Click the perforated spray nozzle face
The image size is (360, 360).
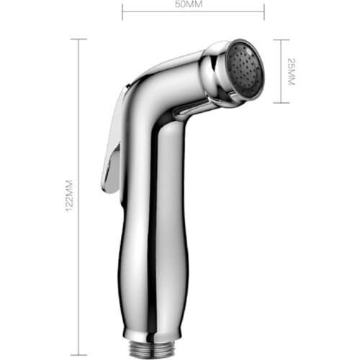(x=246, y=70)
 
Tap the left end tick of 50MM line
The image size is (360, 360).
(x=122, y=11)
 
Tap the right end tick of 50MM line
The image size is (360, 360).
(x=264, y=11)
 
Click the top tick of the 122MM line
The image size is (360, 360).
(x=78, y=40)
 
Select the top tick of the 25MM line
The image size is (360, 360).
(x=281, y=40)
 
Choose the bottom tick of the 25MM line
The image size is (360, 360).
(x=281, y=103)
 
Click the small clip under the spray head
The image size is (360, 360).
(x=189, y=109)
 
